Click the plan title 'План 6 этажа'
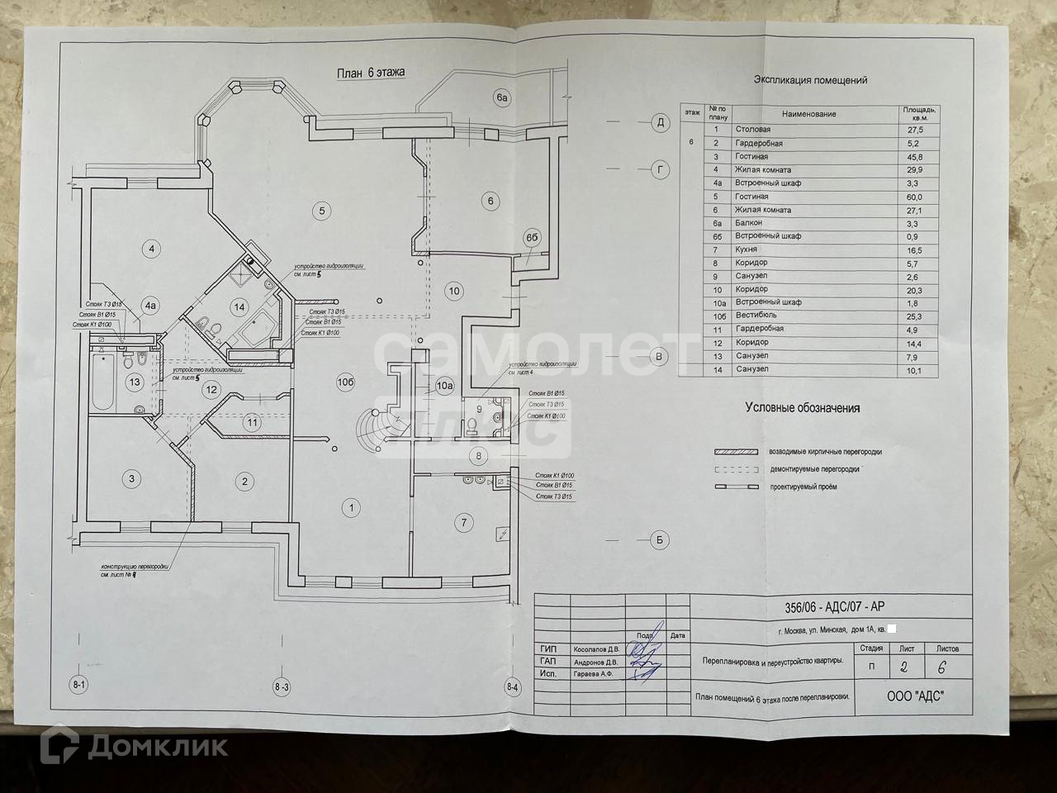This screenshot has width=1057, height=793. pos(371,73)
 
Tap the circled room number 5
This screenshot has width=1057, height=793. pos(321,210)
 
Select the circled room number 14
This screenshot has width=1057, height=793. pos(239,307)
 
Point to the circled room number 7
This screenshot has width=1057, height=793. pos(465,521)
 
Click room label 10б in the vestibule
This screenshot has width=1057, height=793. pos(347,382)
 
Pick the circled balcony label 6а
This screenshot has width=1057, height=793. pos(504,98)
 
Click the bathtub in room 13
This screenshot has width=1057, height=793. pos(103,382)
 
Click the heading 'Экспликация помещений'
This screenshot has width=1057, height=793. pos(810,81)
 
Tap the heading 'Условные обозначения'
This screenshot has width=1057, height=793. pos(803,408)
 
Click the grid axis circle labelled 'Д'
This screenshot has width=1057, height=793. pos(660,123)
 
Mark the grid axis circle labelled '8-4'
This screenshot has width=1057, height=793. pos(513,686)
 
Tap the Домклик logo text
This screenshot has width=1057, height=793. pos(157,746)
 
